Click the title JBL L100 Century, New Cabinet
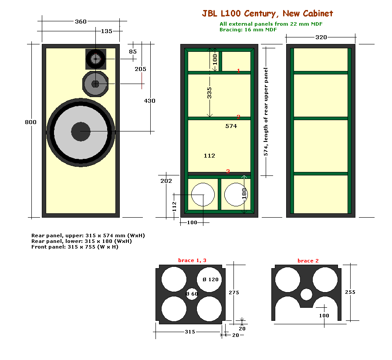[x=267, y=14]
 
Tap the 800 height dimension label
[x=30, y=122]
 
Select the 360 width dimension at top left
[x=81, y=21]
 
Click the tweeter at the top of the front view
[x=95, y=58]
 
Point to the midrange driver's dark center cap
[x=95, y=84]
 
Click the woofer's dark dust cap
[x=81, y=131]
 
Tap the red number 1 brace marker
[x=238, y=71]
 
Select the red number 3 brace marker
[x=228, y=172]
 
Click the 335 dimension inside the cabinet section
[x=210, y=93]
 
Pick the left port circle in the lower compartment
[x=203, y=195]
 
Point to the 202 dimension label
[x=166, y=181]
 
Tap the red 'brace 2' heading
[x=308, y=261]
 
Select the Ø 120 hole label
[x=211, y=279]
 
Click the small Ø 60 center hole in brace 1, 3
[x=192, y=294]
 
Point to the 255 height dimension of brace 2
[x=350, y=293]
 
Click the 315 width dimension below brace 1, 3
[x=189, y=332]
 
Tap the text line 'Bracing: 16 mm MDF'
[x=248, y=30]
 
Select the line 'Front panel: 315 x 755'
[x=74, y=247]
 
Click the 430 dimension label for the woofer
[x=149, y=101]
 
